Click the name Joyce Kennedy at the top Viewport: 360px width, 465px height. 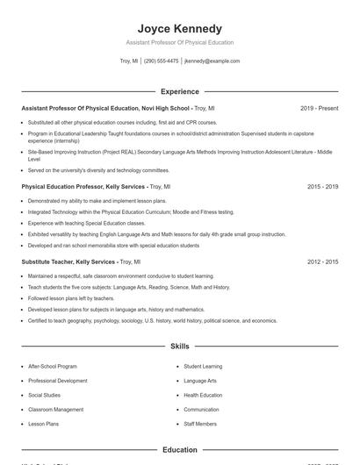179,28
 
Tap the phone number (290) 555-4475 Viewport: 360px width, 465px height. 161,61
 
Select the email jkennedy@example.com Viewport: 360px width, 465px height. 212,61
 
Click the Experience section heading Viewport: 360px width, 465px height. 179,91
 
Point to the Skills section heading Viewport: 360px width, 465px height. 179,347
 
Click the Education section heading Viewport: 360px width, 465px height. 179,450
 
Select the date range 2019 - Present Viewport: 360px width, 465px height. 319,108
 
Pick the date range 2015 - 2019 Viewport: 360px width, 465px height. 322,187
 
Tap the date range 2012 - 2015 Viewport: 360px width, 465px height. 322,261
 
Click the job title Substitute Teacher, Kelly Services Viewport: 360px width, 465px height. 68,261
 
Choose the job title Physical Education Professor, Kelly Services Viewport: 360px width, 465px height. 83,187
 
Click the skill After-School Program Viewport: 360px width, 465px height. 53,366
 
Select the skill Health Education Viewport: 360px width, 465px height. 203,395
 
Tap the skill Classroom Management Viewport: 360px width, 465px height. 55,410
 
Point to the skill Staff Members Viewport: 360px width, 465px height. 200,424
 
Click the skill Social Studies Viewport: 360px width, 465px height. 45,395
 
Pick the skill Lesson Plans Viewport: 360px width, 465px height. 43,424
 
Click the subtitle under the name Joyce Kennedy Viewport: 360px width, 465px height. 179,42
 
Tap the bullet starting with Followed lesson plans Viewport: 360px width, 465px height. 72,298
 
